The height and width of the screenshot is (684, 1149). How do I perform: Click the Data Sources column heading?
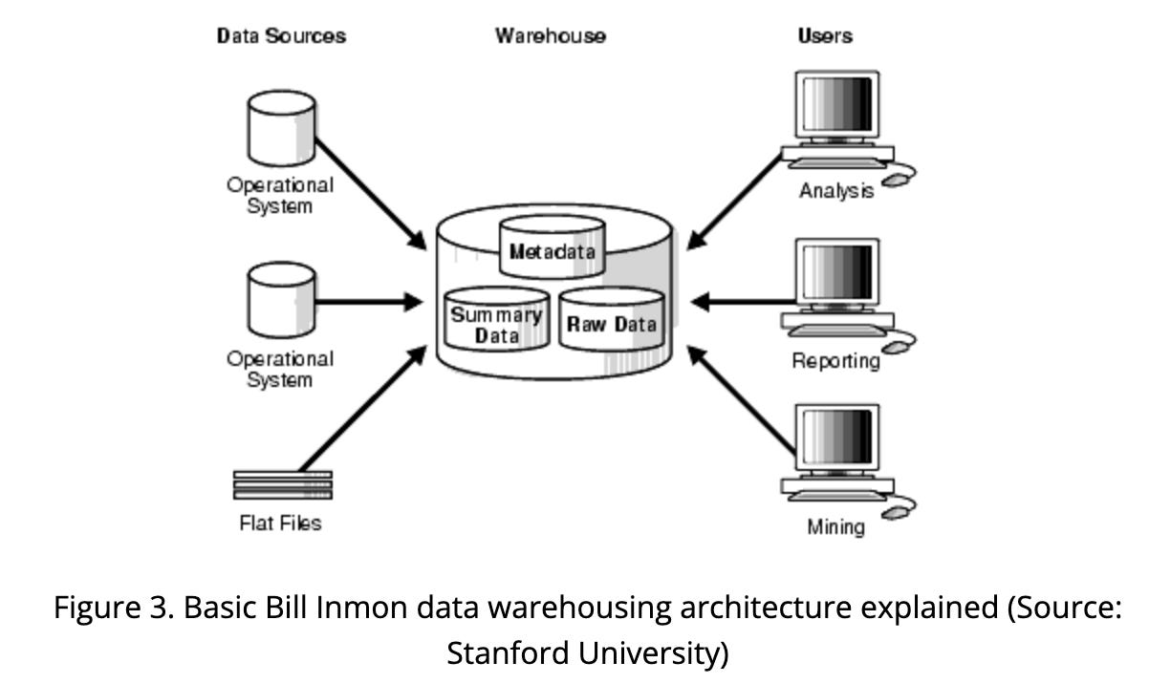pos(281,36)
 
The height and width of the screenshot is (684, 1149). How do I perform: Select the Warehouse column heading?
pos(550,36)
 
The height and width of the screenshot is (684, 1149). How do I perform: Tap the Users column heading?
pos(825,36)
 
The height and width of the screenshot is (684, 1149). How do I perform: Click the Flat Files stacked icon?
pos(283,484)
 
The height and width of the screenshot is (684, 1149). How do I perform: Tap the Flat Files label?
pos(280,523)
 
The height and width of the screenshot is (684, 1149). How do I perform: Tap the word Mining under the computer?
pos(835,526)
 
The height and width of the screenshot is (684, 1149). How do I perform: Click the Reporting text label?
pos(835,361)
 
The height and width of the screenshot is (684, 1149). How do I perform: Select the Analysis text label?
pos(836,191)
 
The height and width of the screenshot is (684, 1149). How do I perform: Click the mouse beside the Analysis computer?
pos(897,179)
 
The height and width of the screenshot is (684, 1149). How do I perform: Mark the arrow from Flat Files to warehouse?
pos(363,410)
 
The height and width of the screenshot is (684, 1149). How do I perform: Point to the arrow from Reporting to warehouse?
pos(742,302)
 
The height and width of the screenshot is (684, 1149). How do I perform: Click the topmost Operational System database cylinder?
pos(281,128)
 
